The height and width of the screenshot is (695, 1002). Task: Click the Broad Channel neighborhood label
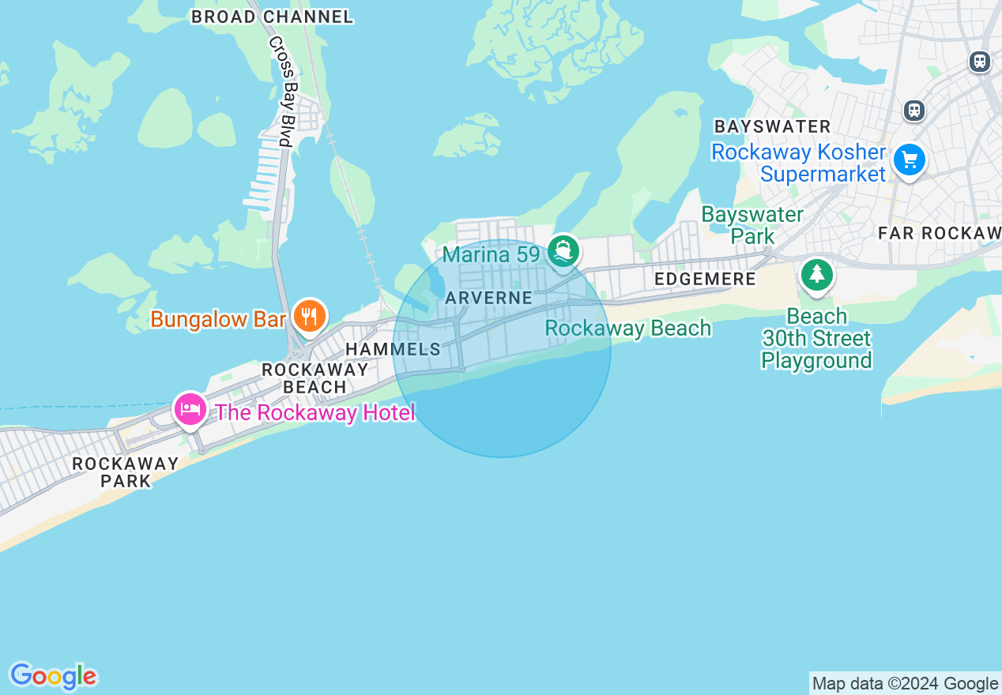(x=272, y=17)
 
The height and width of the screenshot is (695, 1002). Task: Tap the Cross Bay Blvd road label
(x=281, y=92)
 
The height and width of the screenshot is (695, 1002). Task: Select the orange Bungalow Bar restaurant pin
(x=309, y=316)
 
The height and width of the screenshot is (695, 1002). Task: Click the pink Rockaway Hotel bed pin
(x=190, y=409)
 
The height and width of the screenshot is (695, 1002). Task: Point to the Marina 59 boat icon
(x=563, y=251)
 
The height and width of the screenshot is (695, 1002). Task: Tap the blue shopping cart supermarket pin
(x=910, y=160)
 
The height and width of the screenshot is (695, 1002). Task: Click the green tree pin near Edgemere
(x=816, y=276)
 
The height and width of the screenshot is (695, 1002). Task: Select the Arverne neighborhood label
(x=489, y=298)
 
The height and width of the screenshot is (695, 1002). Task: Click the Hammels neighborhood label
(x=393, y=349)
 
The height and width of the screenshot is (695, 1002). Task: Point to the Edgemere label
(x=705, y=279)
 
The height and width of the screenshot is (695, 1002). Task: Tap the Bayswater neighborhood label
(x=772, y=126)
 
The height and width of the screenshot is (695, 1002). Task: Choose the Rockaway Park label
(x=126, y=472)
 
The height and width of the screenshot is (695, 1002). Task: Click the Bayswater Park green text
(x=752, y=225)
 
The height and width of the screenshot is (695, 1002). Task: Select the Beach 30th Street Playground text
(x=816, y=339)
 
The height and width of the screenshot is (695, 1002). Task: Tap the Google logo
(x=53, y=677)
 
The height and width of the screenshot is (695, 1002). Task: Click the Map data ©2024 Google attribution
(x=905, y=684)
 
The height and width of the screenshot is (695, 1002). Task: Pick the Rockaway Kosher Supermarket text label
(x=799, y=163)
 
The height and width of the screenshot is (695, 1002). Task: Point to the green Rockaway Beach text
(x=628, y=328)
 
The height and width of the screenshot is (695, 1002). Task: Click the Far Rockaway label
(x=940, y=233)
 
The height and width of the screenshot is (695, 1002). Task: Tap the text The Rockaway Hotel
(x=315, y=412)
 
